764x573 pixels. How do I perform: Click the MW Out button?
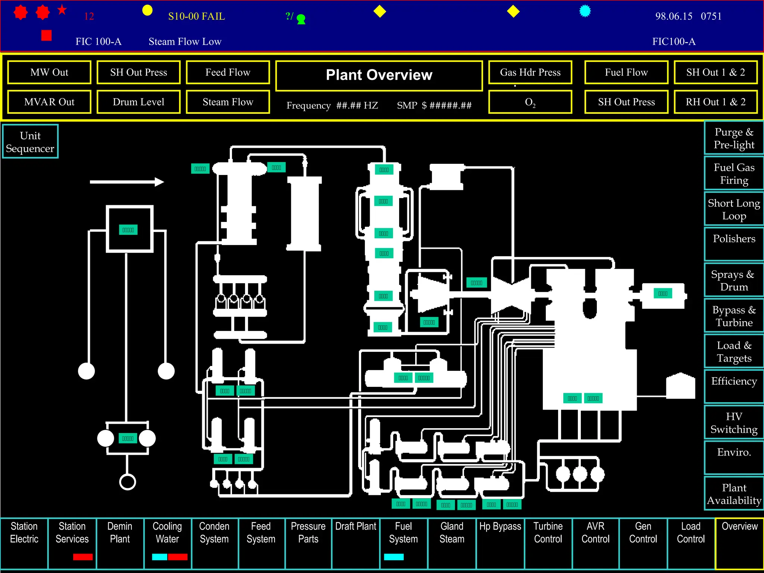pos(49,72)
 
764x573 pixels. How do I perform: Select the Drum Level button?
pos(138,102)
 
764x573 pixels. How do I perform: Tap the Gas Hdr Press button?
pos(530,72)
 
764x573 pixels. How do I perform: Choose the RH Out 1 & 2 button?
pos(716,102)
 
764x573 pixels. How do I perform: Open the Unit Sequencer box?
pos(30,142)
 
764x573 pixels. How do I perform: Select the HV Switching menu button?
pos(734,423)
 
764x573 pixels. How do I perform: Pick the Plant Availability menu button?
pos(734,494)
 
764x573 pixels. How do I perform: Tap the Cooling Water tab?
pos(167,533)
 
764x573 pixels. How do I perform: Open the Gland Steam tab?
pos(452,533)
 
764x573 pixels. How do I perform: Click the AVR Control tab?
pos(595,533)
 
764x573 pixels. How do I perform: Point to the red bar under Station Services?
pos(83,557)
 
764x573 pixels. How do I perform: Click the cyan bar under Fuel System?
pos(394,557)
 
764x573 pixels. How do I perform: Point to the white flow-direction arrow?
pos(127,182)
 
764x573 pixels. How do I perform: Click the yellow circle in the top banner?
pos(147,10)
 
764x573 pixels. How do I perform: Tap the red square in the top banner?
pos(46,35)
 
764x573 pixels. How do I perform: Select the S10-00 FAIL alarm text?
pos(197,16)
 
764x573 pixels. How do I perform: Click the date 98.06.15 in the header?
pos(674,16)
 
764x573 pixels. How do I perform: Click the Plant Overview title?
pos(379,75)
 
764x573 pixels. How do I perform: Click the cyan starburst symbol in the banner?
pos(585,11)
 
